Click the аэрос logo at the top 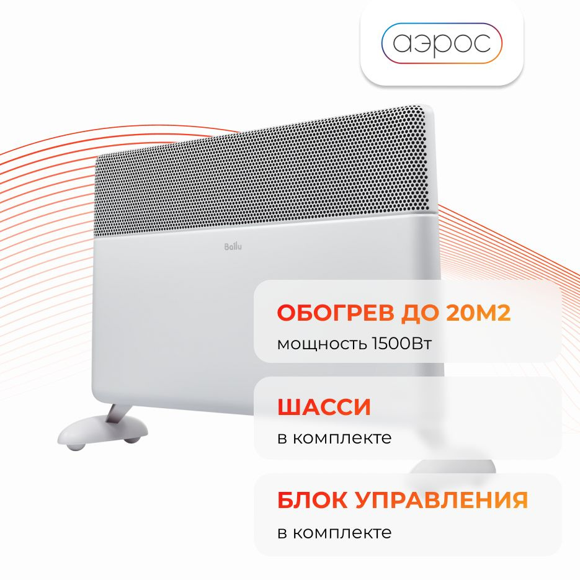tap(442, 43)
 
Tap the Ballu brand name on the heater tap(233, 246)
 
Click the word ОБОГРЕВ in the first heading tap(336, 313)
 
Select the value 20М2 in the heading tap(478, 313)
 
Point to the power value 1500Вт tap(401, 344)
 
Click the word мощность tap(322, 344)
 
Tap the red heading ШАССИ tap(324, 408)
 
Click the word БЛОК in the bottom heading tap(311, 500)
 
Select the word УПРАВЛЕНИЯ tap(442, 500)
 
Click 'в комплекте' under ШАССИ tap(334, 438)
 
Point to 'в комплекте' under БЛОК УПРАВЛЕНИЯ tap(334, 533)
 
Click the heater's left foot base tap(102, 429)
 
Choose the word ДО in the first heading tap(420, 313)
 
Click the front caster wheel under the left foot tap(76, 446)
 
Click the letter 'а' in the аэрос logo tap(402, 43)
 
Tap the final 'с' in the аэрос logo tap(481, 43)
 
